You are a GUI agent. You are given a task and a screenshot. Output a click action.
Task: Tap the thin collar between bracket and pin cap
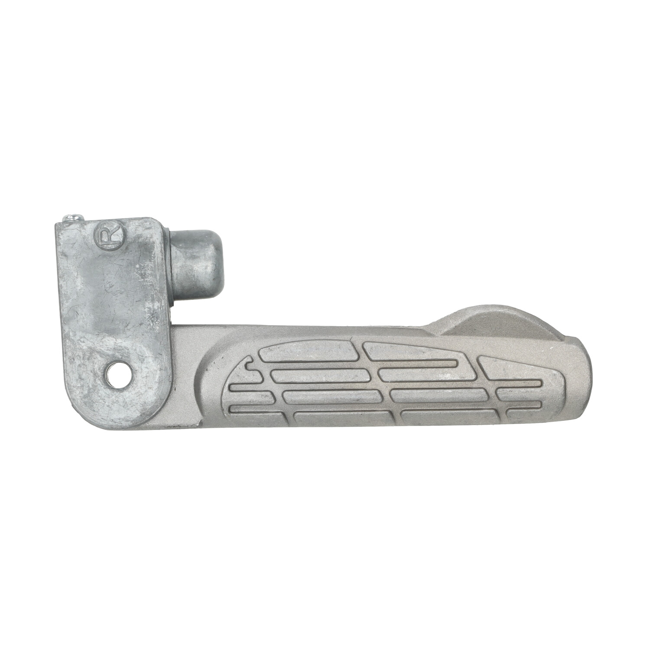[171, 268]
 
